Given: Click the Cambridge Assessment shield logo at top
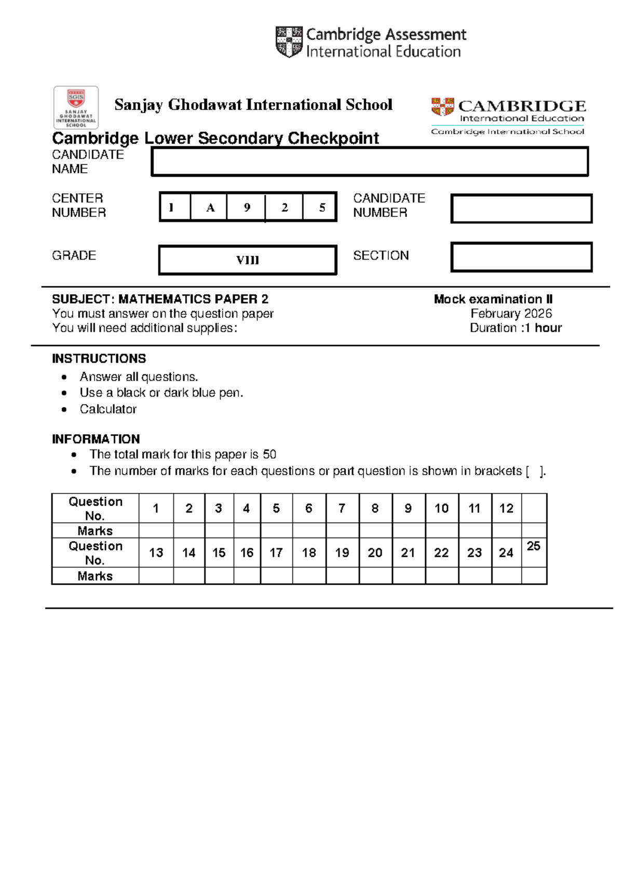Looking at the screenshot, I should coord(289,42).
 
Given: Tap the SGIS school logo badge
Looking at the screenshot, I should coord(76,107).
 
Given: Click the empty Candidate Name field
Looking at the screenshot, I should coord(369,161).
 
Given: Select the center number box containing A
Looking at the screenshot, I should coord(210,208).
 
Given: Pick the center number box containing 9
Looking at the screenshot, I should coord(247,208).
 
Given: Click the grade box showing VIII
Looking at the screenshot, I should coord(247,260).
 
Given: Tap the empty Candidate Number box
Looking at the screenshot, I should coord(521,209).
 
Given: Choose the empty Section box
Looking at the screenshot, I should coord(521,257).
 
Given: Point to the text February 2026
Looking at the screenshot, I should coord(511,313).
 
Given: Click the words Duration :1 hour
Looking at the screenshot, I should coord(515,328).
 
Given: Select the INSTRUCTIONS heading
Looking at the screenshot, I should coord(99,359).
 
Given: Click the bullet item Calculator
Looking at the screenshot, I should coord(108,409).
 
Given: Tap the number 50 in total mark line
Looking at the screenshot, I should coord(269,455).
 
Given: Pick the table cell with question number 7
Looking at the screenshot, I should coord(342,508).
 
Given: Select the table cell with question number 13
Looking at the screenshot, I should coord(156,553).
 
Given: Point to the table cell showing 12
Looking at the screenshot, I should coord(506,508).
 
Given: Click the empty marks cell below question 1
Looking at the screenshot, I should coord(156,530).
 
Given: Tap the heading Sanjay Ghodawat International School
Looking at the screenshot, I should coord(253,105).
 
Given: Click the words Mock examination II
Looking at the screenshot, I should coord(493,299).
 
